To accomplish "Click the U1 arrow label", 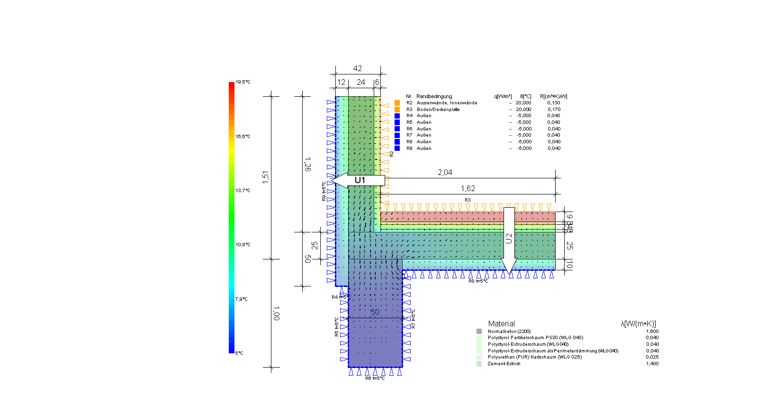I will click(360, 180).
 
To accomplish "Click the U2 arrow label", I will click(509, 239).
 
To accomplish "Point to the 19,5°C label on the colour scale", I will click(243, 82).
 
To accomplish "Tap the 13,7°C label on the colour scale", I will click(243, 191).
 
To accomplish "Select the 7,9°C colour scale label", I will click(242, 299).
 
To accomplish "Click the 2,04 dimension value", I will click(445, 173).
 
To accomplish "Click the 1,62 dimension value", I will click(468, 189).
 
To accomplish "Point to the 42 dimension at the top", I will click(358, 69).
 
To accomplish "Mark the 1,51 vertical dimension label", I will click(266, 177).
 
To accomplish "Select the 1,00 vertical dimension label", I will click(276, 313).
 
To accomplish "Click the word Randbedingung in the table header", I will click(434, 97).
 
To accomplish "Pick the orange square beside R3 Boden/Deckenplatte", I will click(397, 110).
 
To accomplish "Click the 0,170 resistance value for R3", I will click(554, 110).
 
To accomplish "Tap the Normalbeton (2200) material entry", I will click(509, 332).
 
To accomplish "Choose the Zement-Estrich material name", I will click(504, 364).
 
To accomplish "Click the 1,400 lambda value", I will click(652, 364).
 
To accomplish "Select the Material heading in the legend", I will click(501, 324).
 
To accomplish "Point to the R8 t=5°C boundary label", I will click(478, 281).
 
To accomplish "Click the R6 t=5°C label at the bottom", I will click(375, 378).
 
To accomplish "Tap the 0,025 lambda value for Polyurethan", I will click(652, 357).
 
